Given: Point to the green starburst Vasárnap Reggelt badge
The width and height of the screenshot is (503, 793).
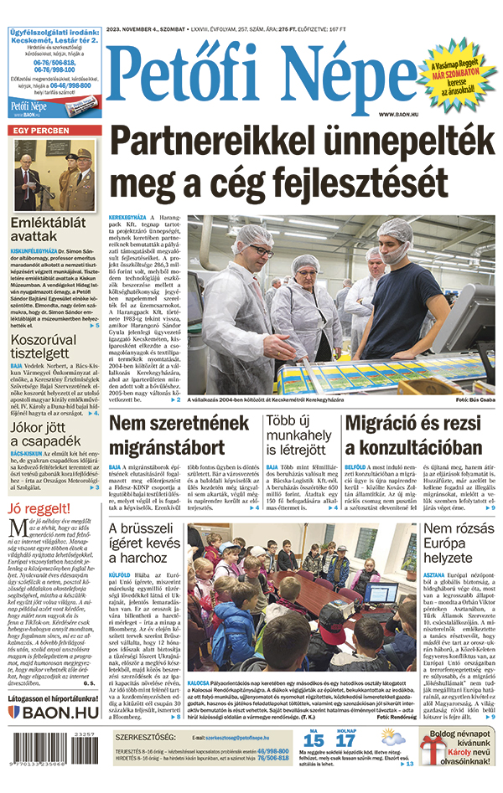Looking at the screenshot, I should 457,75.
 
